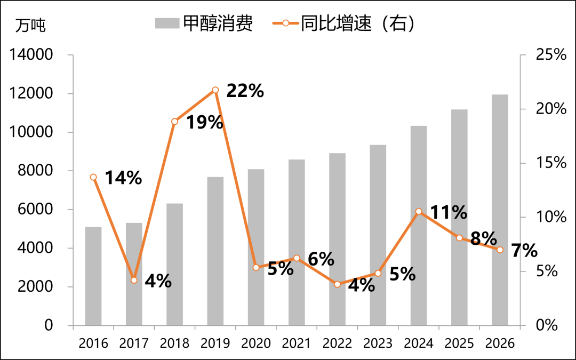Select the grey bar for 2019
pos(215,251)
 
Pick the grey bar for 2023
pos(378,235)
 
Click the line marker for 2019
pos(215,90)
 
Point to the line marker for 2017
pos(134,280)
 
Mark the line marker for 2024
pos(419,212)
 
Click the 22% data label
pos(245,91)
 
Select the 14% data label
pos(123,178)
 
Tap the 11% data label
pos(449,212)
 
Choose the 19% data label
pos(204,122)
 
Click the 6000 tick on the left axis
pos(34,210)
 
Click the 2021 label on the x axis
pos(297,343)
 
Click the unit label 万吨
pos(30,25)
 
